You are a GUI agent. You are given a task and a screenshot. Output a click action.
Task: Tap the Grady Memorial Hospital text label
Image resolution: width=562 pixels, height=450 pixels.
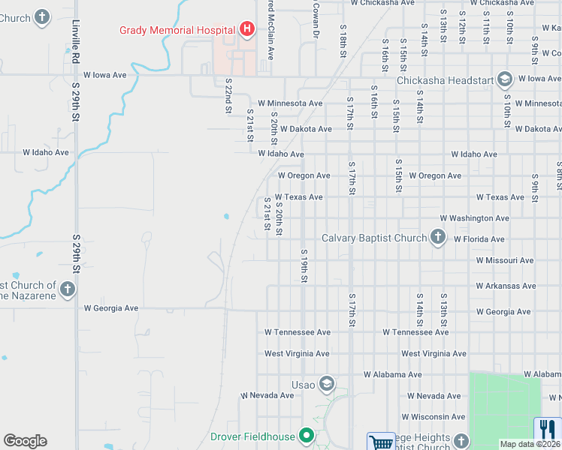[177, 30]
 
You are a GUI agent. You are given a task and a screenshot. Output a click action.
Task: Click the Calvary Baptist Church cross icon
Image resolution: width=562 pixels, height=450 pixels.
[438, 238]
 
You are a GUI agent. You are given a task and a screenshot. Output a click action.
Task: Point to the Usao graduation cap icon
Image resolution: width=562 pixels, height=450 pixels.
[326, 385]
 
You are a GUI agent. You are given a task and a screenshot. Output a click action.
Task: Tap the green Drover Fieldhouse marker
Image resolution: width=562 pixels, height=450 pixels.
[306, 436]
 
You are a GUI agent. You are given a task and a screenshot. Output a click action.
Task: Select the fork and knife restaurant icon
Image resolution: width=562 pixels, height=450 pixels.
[547, 429]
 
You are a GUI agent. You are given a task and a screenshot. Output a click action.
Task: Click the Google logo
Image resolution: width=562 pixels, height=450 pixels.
[25, 441]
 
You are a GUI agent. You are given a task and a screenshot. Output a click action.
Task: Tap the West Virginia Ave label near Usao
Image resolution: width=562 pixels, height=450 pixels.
[297, 353]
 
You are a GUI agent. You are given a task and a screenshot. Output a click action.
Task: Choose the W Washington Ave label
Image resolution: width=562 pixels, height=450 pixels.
[474, 218]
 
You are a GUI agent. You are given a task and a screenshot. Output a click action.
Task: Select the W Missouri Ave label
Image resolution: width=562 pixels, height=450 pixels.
[504, 260]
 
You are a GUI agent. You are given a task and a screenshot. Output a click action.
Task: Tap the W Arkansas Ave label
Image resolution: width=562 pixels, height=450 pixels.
[506, 286]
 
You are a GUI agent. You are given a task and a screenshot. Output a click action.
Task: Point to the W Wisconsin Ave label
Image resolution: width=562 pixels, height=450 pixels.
[433, 416]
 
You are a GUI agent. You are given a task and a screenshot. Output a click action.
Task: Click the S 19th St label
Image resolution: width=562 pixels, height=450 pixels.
[304, 266]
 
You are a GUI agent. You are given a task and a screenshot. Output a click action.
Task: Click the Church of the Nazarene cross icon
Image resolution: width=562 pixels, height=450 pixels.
[67, 289]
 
